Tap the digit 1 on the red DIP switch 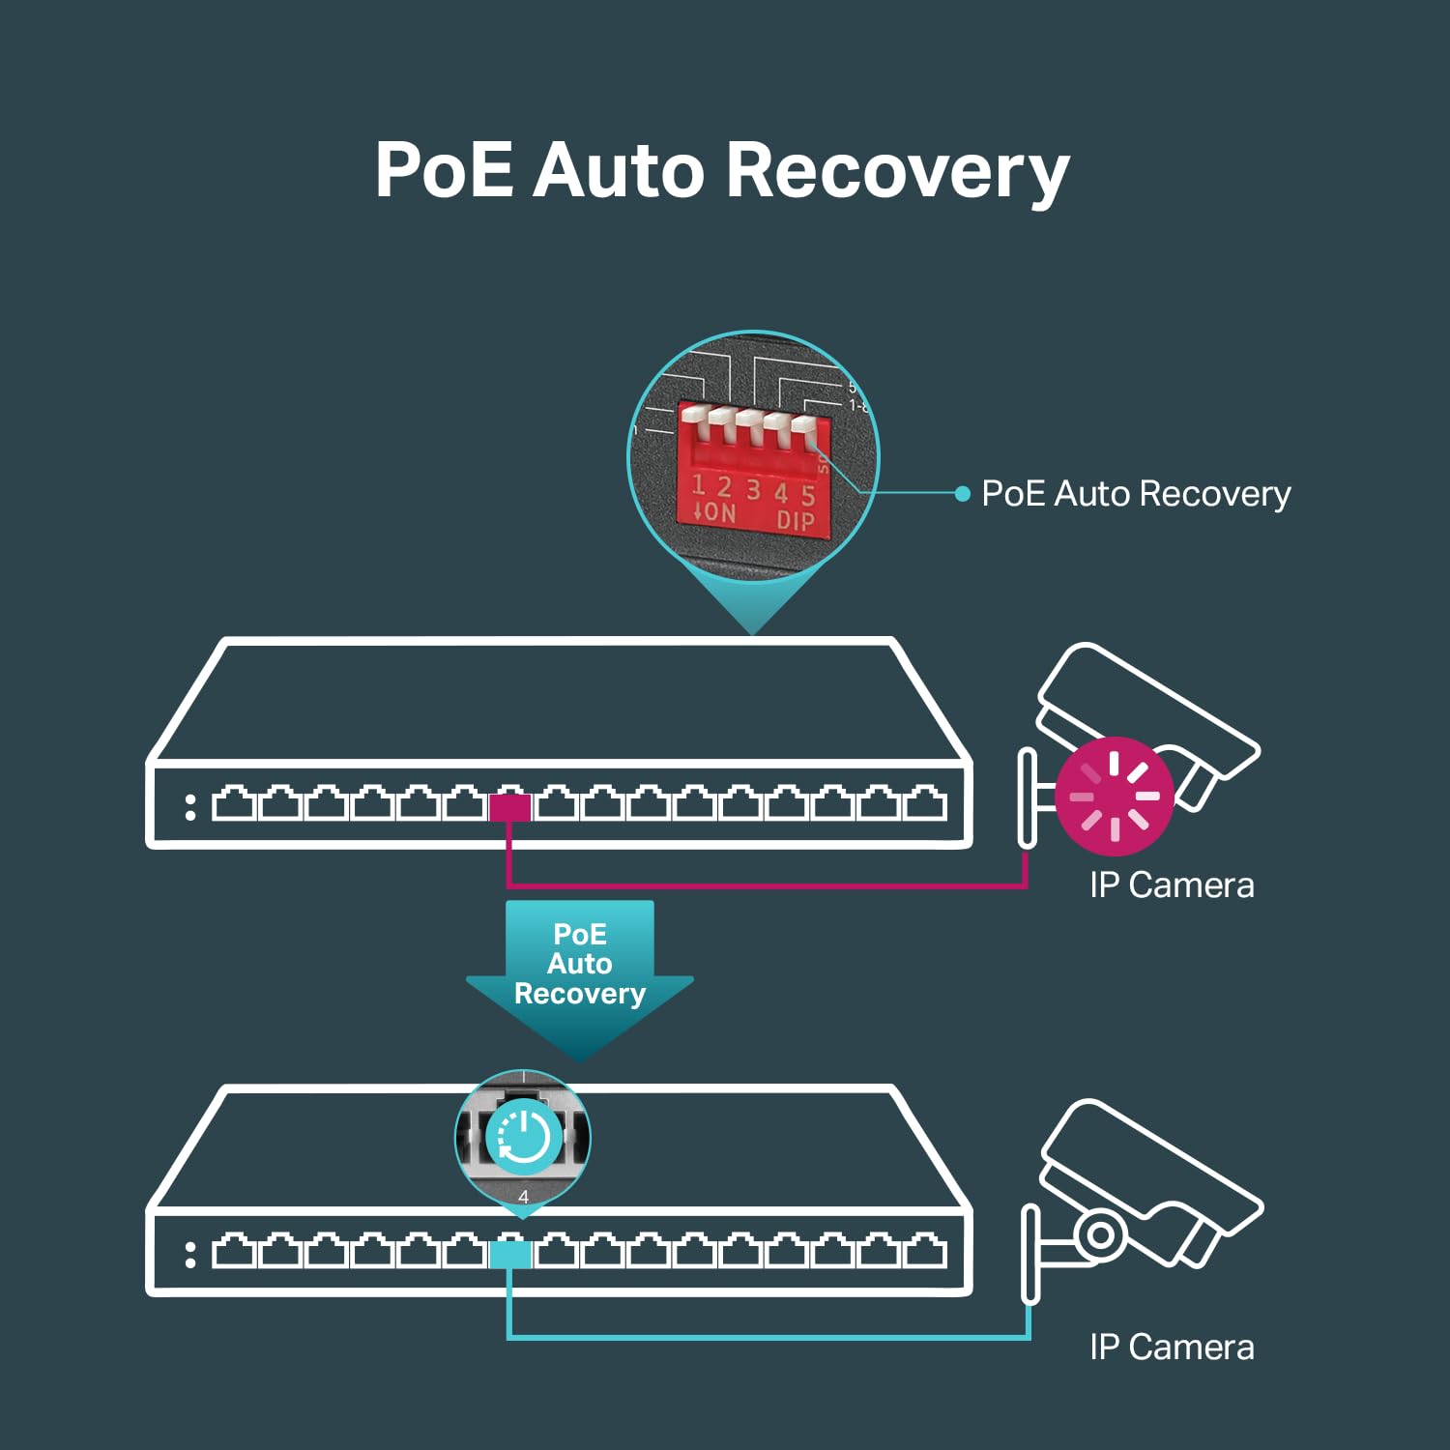coord(698,485)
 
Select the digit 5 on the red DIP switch coord(808,496)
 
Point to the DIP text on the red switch coord(796,522)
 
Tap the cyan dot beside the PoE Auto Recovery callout coord(962,494)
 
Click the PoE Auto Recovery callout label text coord(1136,494)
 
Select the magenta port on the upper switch coord(509,806)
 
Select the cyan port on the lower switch coord(509,1254)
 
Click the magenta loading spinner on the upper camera coord(1114,796)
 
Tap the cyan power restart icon coord(523,1135)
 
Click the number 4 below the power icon coord(523,1197)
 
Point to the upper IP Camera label coord(1172,885)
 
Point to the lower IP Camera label coord(1172,1348)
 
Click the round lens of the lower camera coord(1099,1234)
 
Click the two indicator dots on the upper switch coord(190,807)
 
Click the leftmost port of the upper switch coord(233,804)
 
